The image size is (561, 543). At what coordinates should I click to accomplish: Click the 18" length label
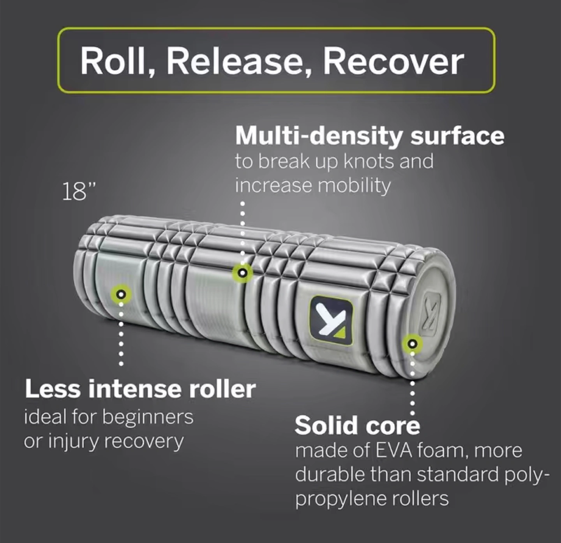79,192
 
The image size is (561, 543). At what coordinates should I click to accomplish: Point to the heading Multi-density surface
369,136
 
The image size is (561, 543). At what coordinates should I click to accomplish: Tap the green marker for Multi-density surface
243,273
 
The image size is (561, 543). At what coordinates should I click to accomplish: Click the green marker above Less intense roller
121,294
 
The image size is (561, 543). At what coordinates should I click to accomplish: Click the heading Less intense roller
140,389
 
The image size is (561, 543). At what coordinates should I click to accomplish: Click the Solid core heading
357,425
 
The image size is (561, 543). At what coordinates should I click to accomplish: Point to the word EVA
393,451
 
